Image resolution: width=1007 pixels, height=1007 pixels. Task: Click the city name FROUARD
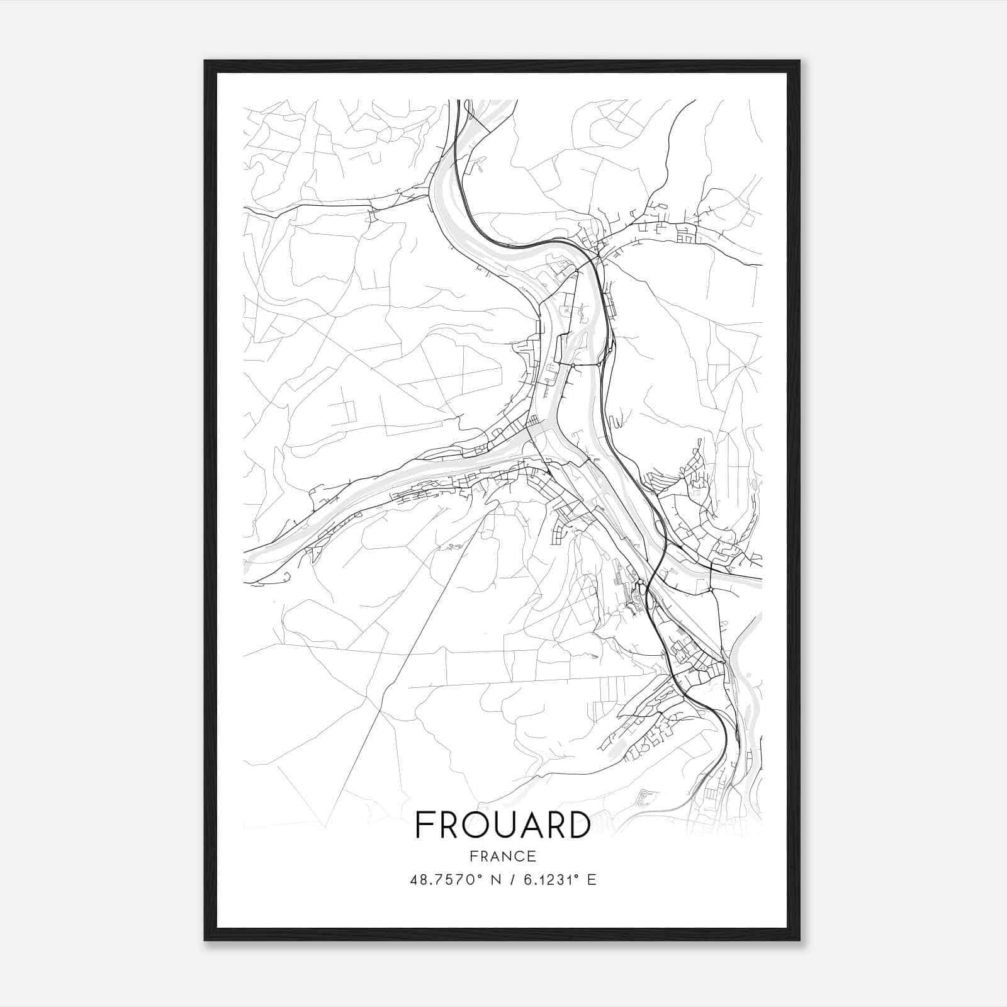[503, 825]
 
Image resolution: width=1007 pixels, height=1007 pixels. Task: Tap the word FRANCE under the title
[503, 857]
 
